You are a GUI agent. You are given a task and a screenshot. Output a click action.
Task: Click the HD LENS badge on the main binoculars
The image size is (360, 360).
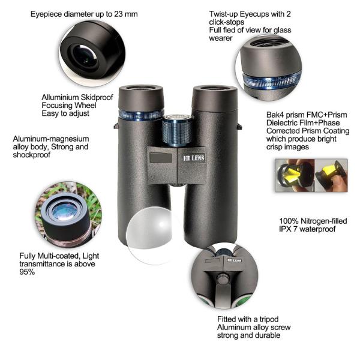tap(194, 158)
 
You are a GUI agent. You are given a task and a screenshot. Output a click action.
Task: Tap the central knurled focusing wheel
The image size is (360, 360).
tap(177, 130)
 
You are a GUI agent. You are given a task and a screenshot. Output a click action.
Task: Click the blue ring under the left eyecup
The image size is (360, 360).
tap(141, 115)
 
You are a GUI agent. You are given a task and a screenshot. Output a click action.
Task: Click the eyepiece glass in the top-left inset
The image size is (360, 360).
tap(86, 57)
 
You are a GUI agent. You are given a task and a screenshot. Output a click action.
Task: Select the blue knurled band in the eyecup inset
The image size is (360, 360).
tap(272, 80)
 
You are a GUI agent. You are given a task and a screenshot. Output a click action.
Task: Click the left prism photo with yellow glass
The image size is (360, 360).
tap(295, 175)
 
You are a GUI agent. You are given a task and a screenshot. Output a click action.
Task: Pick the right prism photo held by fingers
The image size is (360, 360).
tap(331, 175)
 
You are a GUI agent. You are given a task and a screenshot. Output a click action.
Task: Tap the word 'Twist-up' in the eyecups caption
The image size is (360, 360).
tap(223, 14)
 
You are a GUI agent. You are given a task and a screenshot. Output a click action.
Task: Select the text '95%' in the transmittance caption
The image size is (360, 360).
tap(27, 272)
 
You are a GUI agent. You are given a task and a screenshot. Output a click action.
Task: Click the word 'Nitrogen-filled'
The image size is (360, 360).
tap(324, 221)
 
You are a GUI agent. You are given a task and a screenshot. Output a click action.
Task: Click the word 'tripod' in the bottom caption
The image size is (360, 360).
tap(269, 319)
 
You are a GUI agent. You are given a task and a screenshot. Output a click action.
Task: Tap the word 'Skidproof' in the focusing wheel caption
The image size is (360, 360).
tap(97, 98)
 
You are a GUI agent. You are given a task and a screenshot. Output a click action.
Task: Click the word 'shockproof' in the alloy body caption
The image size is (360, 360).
tap(31, 155)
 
